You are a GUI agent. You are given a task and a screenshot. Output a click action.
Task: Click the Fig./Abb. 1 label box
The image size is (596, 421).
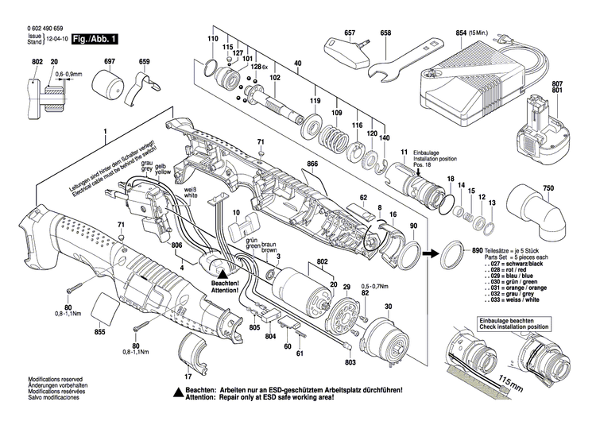95,39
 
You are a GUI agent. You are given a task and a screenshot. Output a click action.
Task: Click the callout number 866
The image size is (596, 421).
312,164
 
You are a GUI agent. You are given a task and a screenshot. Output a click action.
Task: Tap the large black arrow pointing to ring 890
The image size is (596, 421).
429,254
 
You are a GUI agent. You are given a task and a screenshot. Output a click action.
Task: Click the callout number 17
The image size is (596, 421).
188,377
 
